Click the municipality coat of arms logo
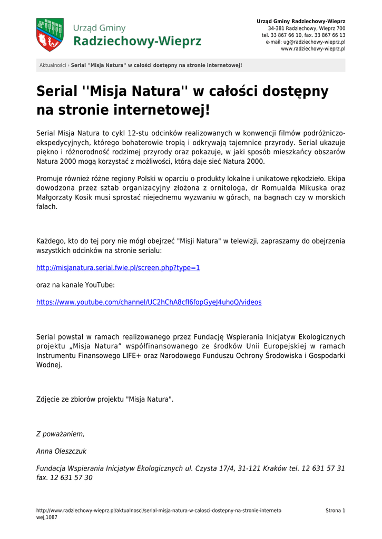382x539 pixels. (x=50, y=35)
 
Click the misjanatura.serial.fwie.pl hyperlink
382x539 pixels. (x=118, y=268)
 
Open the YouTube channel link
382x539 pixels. (x=149, y=303)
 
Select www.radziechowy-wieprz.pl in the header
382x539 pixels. (x=313, y=48)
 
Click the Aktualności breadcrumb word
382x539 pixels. (x=53, y=65)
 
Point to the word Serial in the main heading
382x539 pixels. (x=57, y=92)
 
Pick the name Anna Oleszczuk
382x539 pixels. (x=61, y=452)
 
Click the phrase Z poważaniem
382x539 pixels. (x=60, y=434)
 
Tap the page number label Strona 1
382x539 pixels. (x=335, y=511)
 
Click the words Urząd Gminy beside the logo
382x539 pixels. (x=99, y=27)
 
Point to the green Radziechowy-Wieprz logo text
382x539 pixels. (x=137, y=41)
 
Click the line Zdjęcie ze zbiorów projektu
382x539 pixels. (x=104, y=400)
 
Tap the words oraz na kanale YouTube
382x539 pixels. (x=75, y=285)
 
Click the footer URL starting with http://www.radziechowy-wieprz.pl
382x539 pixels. (x=158, y=511)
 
